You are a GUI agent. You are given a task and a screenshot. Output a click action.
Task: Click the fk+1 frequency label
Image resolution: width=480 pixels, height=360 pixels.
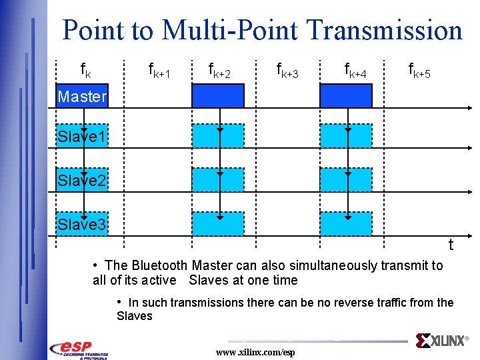[x=159, y=71]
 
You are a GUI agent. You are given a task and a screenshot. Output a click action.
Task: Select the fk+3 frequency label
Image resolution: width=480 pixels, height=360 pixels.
[x=287, y=71]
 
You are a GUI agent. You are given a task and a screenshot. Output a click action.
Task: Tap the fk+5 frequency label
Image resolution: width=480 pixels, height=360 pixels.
[x=419, y=71]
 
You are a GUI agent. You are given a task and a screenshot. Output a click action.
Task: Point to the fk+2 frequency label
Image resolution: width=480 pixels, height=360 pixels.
[x=219, y=71]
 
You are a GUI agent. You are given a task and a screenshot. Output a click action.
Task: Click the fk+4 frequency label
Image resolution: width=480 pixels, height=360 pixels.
[x=355, y=71]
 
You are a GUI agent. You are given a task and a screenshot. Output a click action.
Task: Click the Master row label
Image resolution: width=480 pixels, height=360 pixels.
[x=82, y=97]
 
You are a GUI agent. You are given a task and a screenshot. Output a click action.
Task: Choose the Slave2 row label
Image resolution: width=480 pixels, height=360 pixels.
[x=81, y=181]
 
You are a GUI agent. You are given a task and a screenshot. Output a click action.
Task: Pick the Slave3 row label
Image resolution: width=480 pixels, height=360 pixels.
[x=81, y=225]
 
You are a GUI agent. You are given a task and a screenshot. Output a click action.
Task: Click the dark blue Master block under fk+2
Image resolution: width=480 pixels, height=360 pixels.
[x=218, y=96]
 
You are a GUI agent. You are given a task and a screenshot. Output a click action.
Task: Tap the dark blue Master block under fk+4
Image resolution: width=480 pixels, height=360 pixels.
[x=345, y=96]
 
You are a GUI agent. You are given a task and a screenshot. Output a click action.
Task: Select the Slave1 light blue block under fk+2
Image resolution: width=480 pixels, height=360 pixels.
[x=218, y=136]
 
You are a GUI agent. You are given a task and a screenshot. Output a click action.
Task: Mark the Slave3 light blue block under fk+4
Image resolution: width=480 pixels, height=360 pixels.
[x=345, y=223]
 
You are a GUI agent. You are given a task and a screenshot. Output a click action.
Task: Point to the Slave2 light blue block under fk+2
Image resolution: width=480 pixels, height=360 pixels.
[x=218, y=180]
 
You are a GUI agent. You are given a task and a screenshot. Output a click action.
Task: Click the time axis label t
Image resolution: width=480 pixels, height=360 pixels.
[x=451, y=245]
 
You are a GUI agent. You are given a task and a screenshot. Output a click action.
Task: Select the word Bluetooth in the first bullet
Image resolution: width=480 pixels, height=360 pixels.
[x=161, y=265]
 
